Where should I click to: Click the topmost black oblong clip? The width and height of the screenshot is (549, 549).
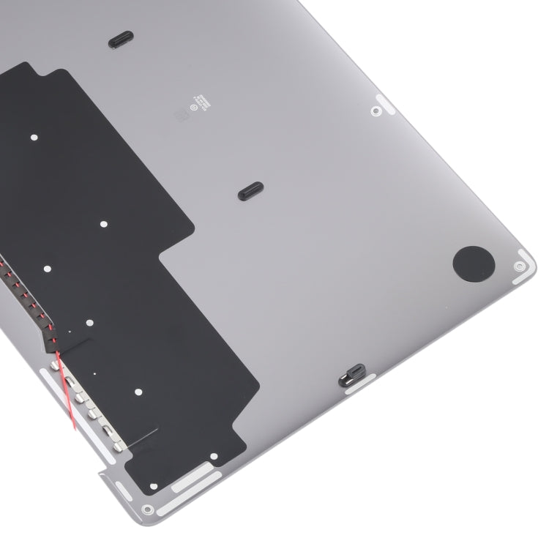pos(122,41)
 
